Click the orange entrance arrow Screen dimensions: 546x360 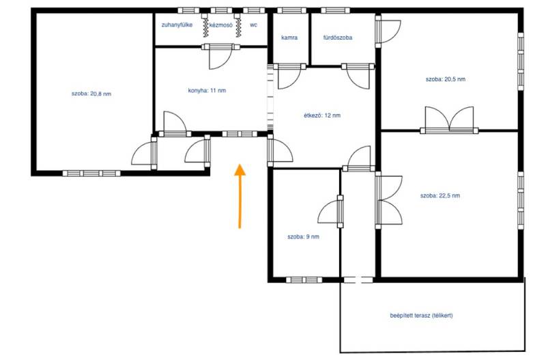[240, 196]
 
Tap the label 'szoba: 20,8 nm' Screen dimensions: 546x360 [91, 94]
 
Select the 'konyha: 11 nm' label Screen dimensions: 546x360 [207, 91]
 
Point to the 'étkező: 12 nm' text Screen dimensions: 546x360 [322, 115]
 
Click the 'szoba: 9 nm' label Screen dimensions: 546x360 [303, 236]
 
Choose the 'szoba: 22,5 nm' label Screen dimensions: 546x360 [440, 195]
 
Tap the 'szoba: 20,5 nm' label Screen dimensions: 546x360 [446, 79]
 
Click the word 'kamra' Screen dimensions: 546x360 [289, 38]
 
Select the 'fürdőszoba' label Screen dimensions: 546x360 [337, 38]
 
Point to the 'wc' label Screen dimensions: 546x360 [253, 25]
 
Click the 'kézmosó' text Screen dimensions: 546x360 [220, 25]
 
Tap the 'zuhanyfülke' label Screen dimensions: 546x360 [177, 25]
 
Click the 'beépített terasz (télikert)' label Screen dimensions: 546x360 [421, 316]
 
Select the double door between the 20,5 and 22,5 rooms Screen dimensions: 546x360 [449, 120]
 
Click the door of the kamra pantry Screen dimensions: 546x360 [289, 76]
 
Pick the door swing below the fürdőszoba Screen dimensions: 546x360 [358, 76]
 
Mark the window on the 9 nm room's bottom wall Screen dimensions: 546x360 [304, 280]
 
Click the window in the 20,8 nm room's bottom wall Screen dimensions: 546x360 [91, 174]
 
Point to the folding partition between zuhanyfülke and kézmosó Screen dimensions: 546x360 [205, 25]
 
